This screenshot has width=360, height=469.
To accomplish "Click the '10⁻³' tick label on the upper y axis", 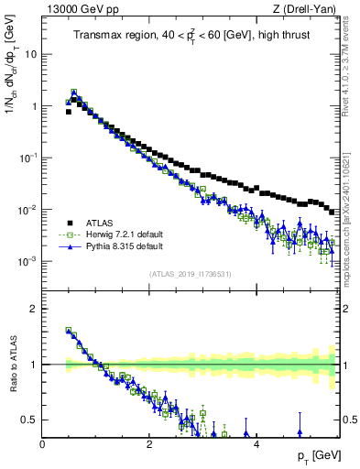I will (x=28, y=261).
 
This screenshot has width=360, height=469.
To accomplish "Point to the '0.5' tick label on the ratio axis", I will (x=30, y=420).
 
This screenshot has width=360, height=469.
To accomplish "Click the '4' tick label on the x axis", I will (x=256, y=445).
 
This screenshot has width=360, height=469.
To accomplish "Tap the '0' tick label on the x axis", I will (x=42, y=445).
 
